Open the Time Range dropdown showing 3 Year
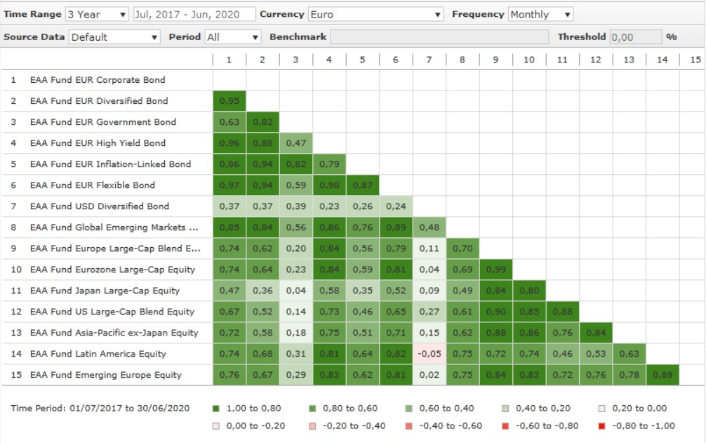[97, 14]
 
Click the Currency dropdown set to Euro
[375, 14]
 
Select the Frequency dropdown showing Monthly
[540, 14]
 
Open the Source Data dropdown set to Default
[114, 37]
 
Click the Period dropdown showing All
[232, 37]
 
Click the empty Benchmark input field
[439, 37]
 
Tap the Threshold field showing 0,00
[635, 37]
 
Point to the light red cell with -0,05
[429, 354]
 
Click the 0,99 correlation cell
[496, 270]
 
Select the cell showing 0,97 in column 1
[229, 185]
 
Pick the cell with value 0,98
[329, 185]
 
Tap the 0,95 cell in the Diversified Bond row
[229, 101]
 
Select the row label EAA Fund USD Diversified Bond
[99, 206]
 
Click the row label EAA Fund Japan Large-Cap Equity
[105, 291]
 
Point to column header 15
[695, 60]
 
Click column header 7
[429, 60]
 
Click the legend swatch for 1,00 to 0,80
[215, 408]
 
